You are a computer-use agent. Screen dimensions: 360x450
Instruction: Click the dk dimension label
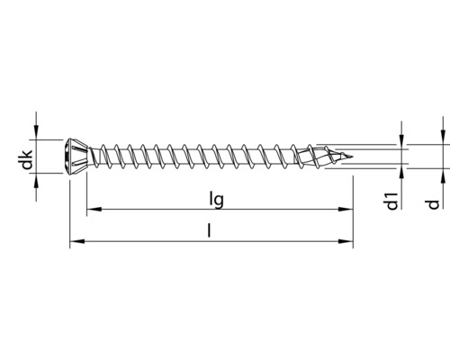point(28,160)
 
